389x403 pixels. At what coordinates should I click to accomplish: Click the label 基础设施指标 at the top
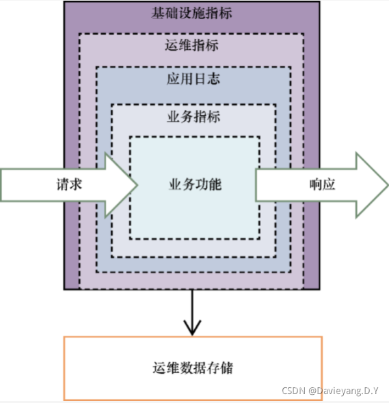(x=191, y=13)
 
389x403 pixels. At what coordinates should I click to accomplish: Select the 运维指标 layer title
(x=191, y=46)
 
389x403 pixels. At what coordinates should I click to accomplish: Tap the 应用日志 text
(x=193, y=79)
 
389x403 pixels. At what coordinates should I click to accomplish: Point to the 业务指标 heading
(x=193, y=116)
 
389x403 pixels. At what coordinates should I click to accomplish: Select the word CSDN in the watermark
(x=293, y=391)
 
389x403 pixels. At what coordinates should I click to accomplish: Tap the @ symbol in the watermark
(x=311, y=391)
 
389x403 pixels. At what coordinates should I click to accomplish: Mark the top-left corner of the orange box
(x=64, y=337)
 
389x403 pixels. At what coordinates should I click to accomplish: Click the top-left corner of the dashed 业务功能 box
(x=130, y=137)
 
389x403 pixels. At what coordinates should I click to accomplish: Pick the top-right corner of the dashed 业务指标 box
(x=276, y=105)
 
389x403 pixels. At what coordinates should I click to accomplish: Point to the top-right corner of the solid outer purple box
(x=319, y=2)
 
